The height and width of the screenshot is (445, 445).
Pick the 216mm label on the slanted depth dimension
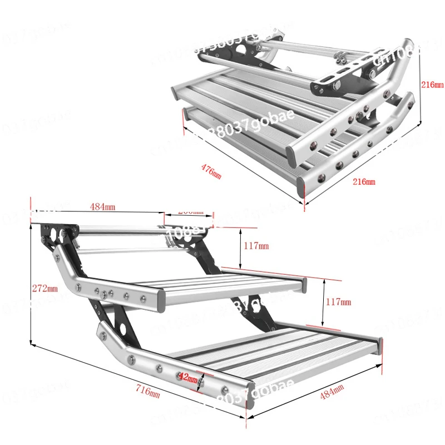pos(364,181)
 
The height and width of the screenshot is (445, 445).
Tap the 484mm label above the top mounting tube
pos(102,207)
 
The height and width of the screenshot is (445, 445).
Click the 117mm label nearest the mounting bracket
pos(256,245)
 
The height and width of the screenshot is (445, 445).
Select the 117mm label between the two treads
pos(339,302)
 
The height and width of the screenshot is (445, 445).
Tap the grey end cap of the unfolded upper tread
pos(304,285)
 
